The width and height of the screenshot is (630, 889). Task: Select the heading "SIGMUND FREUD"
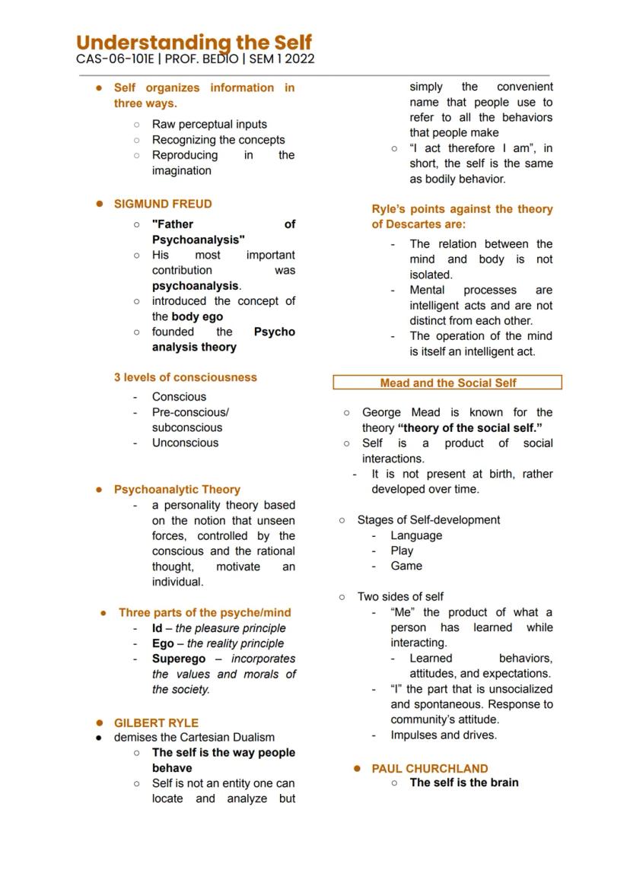point(163,204)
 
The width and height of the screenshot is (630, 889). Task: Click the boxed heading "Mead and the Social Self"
point(447,383)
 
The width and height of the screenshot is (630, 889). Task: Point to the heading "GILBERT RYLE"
point(156,722)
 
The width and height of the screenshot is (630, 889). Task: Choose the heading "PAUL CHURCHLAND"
point(430,768)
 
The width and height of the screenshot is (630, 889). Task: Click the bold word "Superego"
point(178,659)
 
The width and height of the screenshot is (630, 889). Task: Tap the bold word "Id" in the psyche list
point(157,628)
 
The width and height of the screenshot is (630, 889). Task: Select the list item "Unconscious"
point(185,443)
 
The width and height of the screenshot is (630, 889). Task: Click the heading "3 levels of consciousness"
point(186,377)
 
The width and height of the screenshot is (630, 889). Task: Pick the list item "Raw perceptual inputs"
point(209,124)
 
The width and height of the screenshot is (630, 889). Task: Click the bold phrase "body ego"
point(197,316)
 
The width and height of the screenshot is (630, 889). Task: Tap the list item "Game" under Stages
point(406,566)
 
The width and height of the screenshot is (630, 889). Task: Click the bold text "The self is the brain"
point(464,783)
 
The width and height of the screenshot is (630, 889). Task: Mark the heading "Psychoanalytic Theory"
point(177,490)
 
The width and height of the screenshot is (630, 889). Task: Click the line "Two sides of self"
point(400,597)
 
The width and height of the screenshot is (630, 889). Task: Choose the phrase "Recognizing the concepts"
point(218,140)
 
